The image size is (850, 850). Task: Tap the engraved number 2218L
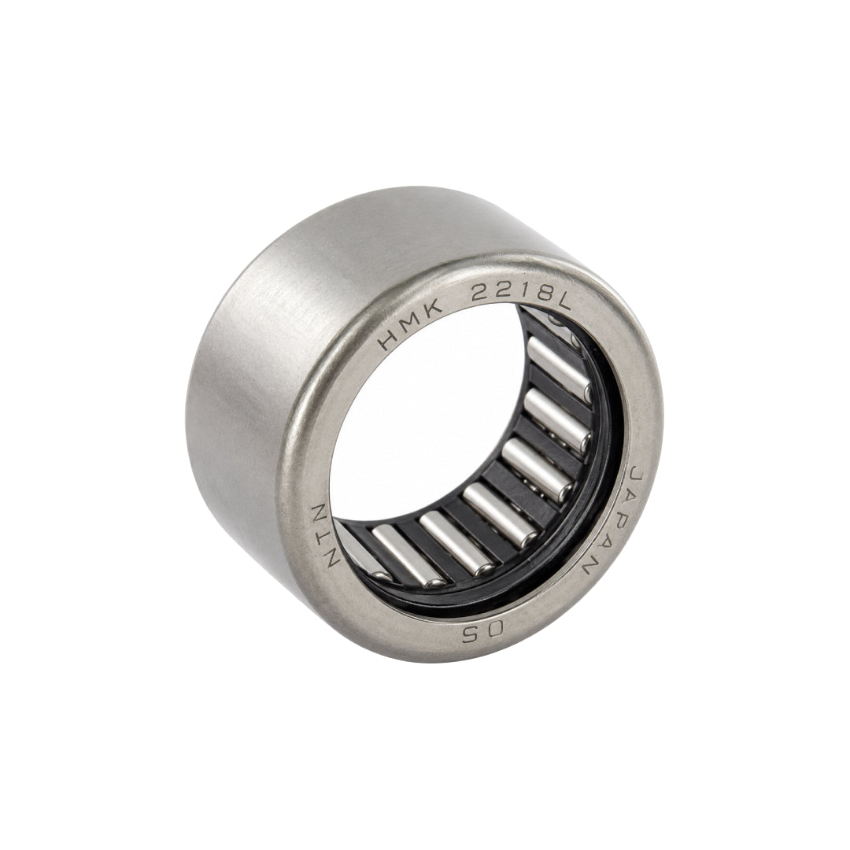tap(520, 295)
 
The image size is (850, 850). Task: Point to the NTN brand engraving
tap(324, 534)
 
